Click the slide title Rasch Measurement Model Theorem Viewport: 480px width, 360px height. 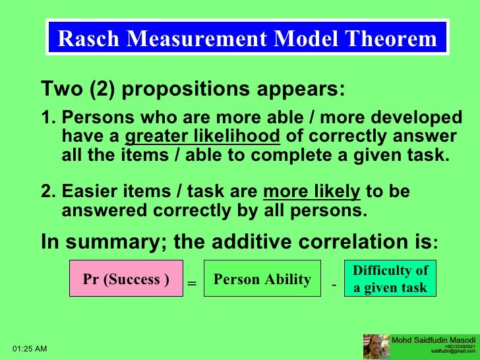coord(247,39)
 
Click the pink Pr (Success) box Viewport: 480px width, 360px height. coord(126,279)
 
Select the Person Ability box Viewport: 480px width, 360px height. coord(262,279)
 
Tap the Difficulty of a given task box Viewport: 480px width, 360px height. coord(390,279)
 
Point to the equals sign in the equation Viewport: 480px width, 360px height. coord(192,284)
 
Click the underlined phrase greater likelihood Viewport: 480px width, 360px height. coord(203,137)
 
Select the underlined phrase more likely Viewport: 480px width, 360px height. coord(311,192)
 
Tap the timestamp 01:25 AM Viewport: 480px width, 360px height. coord(30,347)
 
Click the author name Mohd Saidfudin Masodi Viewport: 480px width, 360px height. coord(433,340)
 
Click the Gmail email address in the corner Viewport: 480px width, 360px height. coord(452,352)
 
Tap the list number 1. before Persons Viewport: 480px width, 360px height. coord(48,118)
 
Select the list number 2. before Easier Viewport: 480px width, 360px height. coord(48,192)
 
